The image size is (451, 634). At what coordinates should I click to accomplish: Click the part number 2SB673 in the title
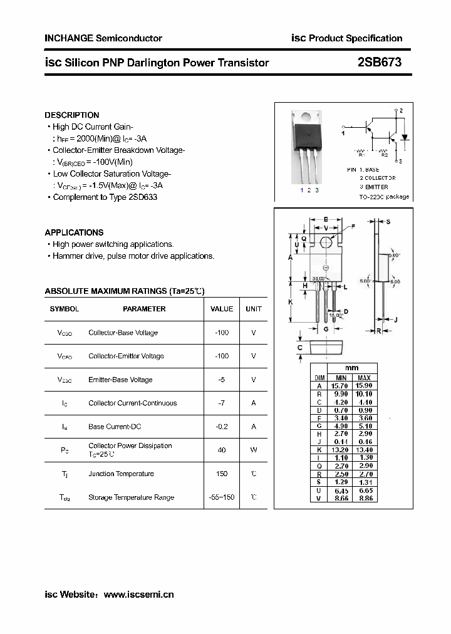pos(380,62)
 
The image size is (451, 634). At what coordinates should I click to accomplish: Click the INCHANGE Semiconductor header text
pos(103,38)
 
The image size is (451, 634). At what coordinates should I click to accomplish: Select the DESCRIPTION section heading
pos(72,115)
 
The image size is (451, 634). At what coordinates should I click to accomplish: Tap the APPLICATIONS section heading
pos(75,232)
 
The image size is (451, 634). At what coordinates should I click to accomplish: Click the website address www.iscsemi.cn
pos(138,595)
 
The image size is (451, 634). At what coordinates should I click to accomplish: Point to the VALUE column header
pos(222,309)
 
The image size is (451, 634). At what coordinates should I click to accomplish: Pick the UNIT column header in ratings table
pos(254,309)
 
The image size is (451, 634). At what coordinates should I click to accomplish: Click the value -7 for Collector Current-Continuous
pos(222,403)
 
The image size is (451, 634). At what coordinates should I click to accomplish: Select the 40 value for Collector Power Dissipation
pos(222,449)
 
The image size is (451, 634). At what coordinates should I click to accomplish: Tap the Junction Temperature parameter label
pos(121,474)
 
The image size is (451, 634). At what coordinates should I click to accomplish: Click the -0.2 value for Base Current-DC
pos(222,427)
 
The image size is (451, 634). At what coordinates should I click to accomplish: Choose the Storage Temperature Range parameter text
pos(131,497)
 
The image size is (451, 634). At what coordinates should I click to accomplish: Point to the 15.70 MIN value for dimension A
pos(341,386)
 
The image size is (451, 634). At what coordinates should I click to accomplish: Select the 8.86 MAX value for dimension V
pos(364,497)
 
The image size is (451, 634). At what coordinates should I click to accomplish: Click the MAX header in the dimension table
pos(364,378)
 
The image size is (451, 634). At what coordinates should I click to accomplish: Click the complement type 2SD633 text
pos(143,197)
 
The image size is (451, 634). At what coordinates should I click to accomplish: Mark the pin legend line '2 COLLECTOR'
pos(377,179)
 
